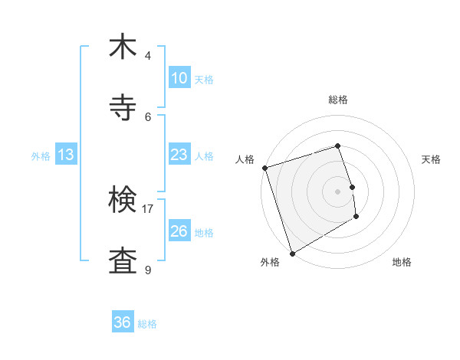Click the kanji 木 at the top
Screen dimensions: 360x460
[123, 47]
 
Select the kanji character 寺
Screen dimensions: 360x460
[123, 108]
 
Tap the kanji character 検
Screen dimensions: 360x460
[123, 201]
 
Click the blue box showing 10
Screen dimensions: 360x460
[179, 78]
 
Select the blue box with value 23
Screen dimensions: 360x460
[179, 155]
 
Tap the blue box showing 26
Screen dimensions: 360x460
[179, 231]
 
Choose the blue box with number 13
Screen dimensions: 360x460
[65, 155]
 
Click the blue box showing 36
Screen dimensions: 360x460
[122, 322]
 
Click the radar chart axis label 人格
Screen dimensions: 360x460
[245, 159]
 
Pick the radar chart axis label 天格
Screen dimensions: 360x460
[431, 159]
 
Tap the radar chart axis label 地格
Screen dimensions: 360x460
[402, 262]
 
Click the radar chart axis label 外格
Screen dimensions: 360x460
[270, 262]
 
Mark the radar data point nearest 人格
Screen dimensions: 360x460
[264, 168]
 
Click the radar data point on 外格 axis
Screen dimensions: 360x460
[292, 253]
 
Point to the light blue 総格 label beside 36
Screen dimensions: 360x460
[147, 324]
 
